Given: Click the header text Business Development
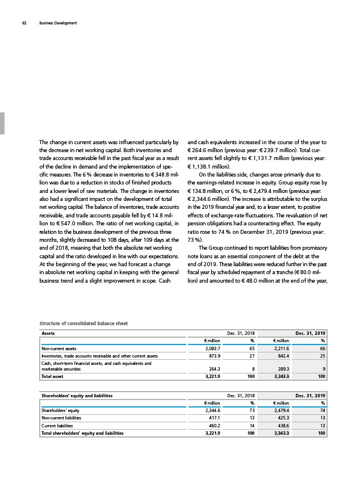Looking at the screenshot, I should pyautogui.click(x=58, y=23).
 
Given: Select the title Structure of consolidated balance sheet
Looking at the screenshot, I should pyautogui.click(x=78, y=323).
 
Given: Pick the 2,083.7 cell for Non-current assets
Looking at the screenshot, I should pyautogui.click(x=211, y=348).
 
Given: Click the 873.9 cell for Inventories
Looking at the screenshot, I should pyautogui.click(x=212, y=356).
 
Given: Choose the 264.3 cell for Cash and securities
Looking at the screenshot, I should pyautogui.click(x=212, y=368).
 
